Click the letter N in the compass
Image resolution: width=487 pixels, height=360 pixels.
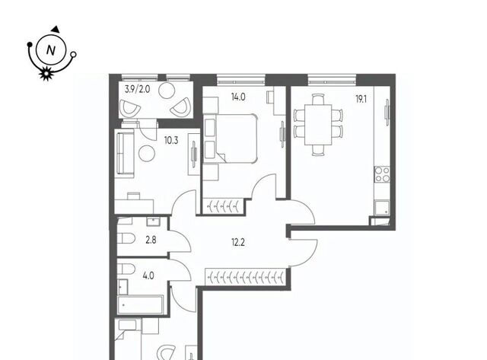[51, 50]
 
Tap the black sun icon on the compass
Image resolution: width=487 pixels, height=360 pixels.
[46, 74]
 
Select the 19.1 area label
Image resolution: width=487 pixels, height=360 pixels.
[361, 100]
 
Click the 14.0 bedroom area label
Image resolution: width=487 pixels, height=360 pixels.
[238, 97]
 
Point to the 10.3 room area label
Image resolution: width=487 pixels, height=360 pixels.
[171, 141]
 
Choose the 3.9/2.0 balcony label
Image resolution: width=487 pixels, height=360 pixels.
[137, 90]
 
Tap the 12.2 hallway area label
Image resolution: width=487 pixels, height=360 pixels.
[238, 242]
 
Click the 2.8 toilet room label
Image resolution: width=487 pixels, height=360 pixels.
[151, 240]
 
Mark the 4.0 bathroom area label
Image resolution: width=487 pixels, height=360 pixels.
[148, 276]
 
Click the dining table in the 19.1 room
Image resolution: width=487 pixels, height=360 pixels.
[318, 125]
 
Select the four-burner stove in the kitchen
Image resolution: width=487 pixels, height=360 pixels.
[382, 174]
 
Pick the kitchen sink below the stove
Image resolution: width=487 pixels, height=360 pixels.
[382, 208]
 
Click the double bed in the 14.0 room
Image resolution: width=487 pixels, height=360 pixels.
[231, 139]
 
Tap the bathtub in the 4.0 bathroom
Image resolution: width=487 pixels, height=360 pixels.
[140, 304]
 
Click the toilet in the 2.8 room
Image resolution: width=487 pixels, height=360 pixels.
[126, 239]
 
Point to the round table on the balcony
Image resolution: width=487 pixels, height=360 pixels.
[167, 91]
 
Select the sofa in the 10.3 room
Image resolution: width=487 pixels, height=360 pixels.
[125, 153]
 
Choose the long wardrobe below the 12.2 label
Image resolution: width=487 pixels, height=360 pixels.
[245, 276]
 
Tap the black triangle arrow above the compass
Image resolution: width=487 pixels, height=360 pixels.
[56, 29]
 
